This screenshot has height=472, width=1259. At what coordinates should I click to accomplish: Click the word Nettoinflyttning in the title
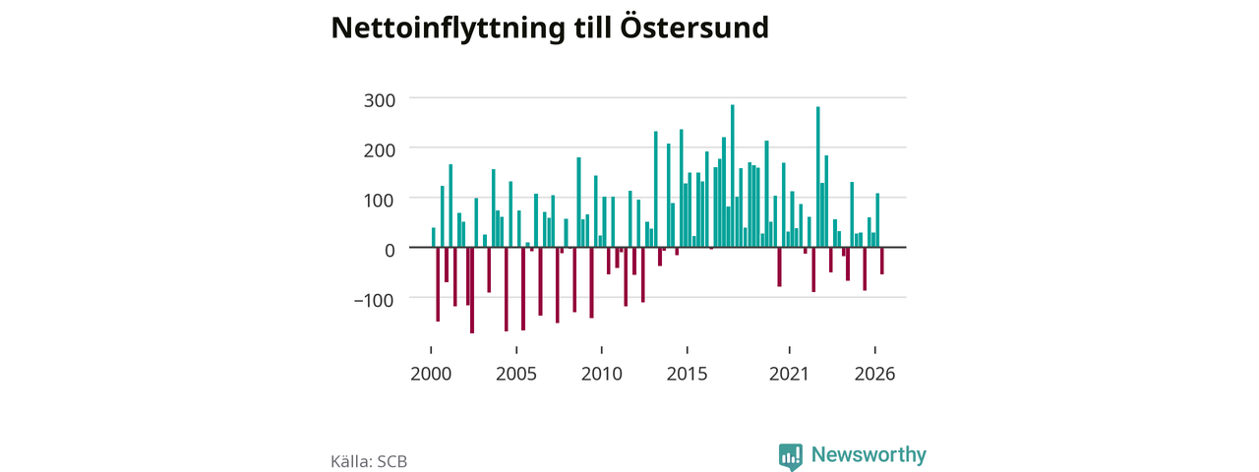point(448,29)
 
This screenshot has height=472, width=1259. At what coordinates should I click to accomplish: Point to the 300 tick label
point(380,100)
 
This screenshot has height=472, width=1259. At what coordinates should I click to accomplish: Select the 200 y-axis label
point(380,150)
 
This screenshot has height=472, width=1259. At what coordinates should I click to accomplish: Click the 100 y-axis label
point(380,200)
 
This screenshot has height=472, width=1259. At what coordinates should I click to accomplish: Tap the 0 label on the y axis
point(390,250)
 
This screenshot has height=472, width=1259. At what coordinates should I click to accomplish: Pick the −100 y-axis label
point(374,300)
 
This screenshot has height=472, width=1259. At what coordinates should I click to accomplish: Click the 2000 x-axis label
point(431,374)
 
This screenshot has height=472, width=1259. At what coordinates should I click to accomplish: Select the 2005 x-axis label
point(516,374)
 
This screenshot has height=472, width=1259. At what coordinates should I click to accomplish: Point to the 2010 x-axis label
point(601,374)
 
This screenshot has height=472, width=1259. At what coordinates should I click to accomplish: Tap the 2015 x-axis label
point(687,374)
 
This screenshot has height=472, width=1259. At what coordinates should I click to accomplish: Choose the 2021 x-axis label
point(789,374)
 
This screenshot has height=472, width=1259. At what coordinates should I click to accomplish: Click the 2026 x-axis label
point(874,374)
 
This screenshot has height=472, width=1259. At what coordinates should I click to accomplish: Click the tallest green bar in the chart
point(733,176)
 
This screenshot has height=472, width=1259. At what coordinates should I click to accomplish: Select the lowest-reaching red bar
point(472,290)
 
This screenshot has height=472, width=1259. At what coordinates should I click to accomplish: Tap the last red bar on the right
point(882,261)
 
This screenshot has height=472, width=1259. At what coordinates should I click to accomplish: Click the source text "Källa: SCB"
point(369,461)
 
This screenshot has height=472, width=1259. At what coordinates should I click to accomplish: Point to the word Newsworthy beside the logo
point(869,454)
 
